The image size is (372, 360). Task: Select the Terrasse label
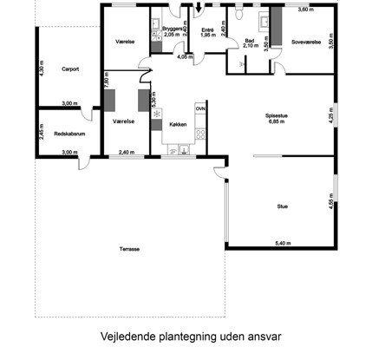click(x=130, y=249)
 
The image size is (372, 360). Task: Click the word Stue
click(x=282, y=206)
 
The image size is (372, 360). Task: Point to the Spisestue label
click(x=278, y=116)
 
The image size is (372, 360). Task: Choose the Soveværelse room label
click(x=306, y=41)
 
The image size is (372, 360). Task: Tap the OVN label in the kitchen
click(x=200, y=109)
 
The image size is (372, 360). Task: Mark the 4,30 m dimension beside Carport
click(x=41, y=65)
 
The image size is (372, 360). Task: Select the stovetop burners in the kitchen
click(x=200, y=134)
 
